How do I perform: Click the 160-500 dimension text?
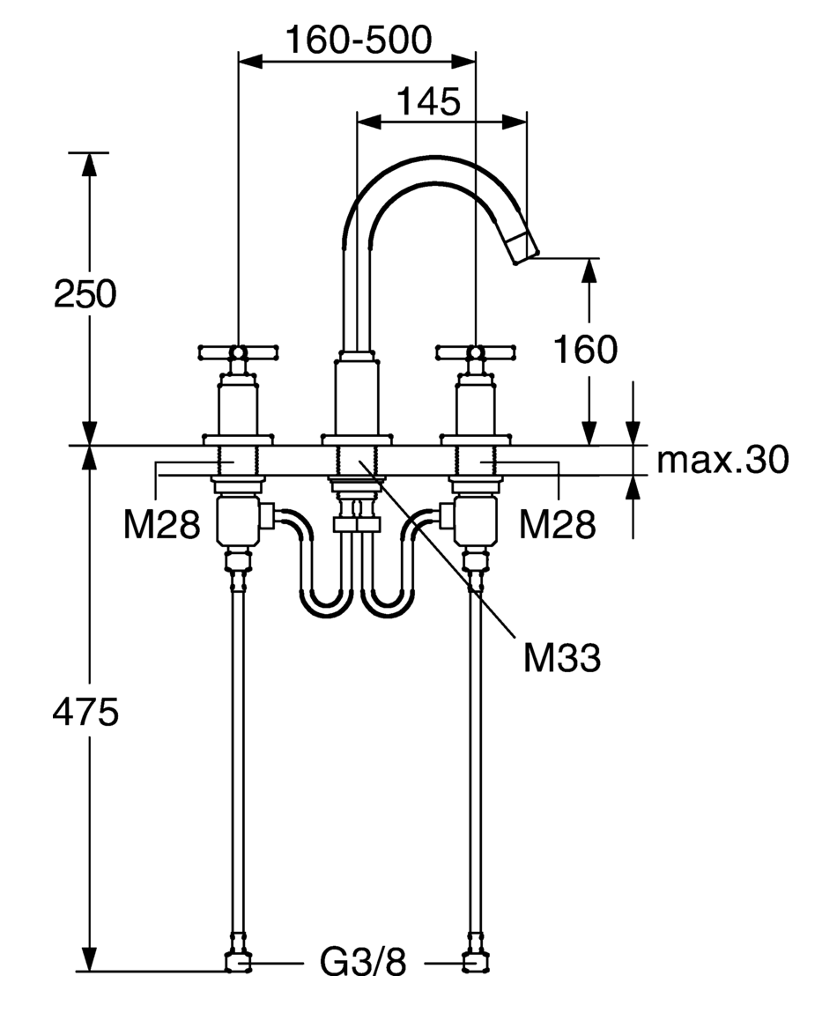[x=359, y=40]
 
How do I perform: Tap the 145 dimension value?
[x=428, y=101]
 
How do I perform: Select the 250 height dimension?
[x=85, y=293]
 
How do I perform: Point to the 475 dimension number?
[x=85, y=713]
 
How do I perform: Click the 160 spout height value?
[x=586, y=350]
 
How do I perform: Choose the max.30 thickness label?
[x=722, y=459]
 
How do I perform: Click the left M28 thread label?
[x=161, y=524]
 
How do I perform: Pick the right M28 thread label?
[x=557, y=524]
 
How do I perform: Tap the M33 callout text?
[x=561, y=658]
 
